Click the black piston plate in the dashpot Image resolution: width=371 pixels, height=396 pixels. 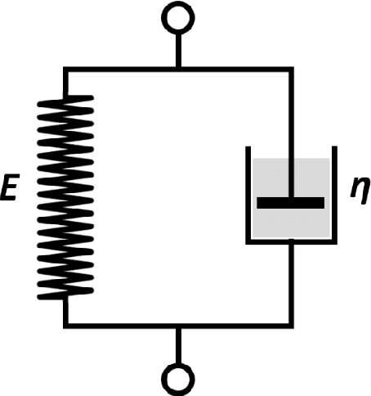[291, 202]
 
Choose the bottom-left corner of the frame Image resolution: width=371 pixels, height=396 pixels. [66, 326]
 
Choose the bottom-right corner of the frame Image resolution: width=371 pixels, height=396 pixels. [291, 326]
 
